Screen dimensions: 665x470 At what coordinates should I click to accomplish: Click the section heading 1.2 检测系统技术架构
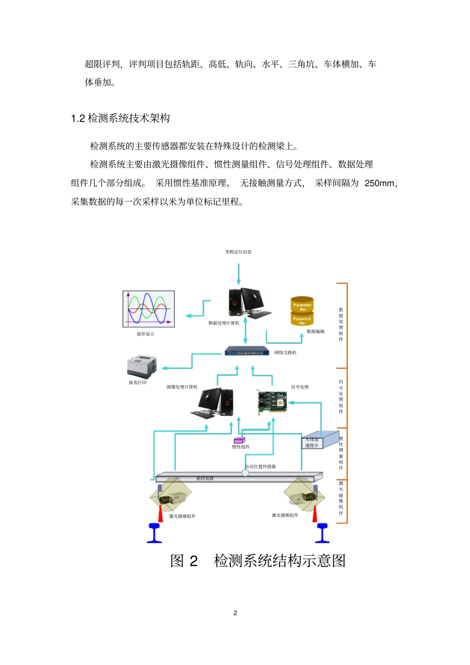coord(120,118)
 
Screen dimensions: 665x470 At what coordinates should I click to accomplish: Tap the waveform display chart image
coord(148,309)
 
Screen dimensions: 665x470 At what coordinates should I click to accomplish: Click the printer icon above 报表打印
coord(141,366)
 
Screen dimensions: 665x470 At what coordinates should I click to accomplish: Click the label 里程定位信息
coord(238,252)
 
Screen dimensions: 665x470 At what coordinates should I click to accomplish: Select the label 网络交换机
coord(285,353)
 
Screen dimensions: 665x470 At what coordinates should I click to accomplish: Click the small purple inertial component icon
coord(239,440)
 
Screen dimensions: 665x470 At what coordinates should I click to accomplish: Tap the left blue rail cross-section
coord(154,533)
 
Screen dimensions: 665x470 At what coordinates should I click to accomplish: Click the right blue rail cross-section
coord(323,533)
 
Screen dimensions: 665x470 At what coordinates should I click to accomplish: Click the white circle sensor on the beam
coord(245,473)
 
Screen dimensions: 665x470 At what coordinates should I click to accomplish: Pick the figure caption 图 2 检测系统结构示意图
coord(258,561)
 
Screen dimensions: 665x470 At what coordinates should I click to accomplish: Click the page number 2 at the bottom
coord(235,613)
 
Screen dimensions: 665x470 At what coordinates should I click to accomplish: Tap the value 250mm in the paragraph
coord(379,183)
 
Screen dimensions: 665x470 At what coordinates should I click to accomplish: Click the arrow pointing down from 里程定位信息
coord(238,274)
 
